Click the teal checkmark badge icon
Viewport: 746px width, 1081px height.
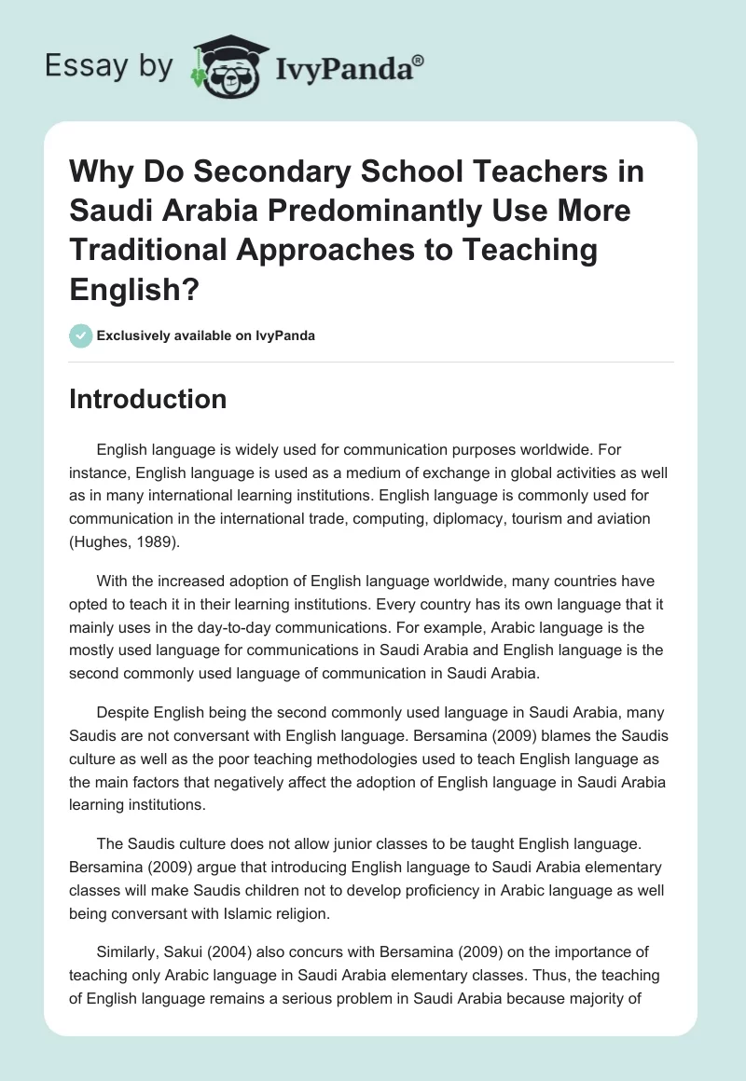(80, 335)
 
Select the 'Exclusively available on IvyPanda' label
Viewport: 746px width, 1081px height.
(206, 335)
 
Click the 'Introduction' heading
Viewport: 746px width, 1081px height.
(148, 399)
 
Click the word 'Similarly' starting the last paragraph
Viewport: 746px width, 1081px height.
(128, 929)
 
